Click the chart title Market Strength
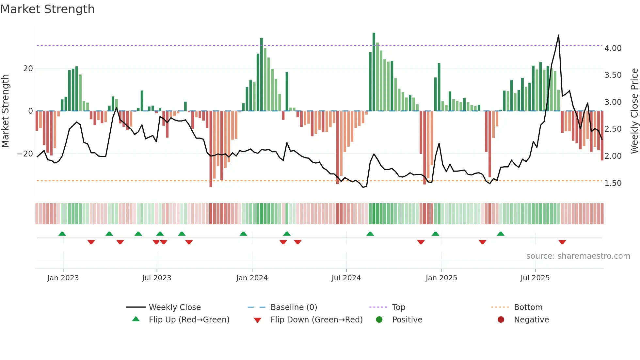tap(47, 9)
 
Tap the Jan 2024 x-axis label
tap(252, 278)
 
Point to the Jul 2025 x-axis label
tap(535, 278)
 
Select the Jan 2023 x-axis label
tap(63, 278)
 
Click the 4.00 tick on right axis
tap(613, 48)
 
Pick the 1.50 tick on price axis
tap(613, 183)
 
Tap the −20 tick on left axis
tap(25, 154)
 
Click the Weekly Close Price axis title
tap(634, 111)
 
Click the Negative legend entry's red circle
tap(501, 319)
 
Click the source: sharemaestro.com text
tap(578, 256)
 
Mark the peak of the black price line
tap(558, 35)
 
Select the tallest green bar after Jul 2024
tap(374, 72)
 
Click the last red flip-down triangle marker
tap(562, 242)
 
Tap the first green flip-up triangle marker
tap(62, 234)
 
